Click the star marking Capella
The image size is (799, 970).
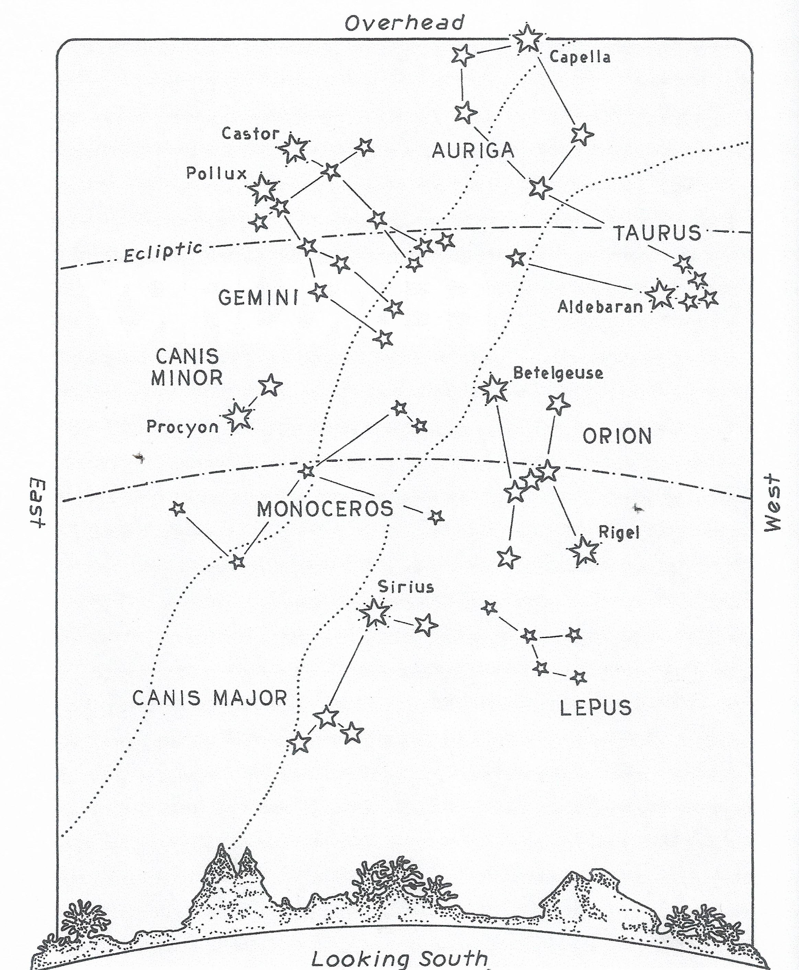tap(527, 39)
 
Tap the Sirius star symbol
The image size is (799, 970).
tap(374, 613)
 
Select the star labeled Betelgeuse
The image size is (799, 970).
tap(493, 389)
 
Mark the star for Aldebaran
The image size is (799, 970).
tap(660, 294)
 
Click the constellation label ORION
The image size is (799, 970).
tap(617, 436)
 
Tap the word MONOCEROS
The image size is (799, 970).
tap(325, 509)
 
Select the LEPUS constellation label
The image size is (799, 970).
tap(596, 707)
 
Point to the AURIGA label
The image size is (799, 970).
tap(473, 150)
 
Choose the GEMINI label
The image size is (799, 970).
tap(259, 298)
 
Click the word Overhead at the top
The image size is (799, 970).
tap(405, 23)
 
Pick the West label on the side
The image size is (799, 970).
tap(773, 503)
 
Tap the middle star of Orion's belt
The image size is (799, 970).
tap(532, 480)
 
